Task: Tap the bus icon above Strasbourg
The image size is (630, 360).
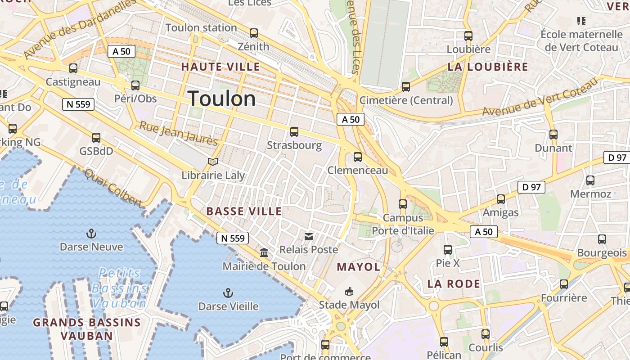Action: [x=294, y=132]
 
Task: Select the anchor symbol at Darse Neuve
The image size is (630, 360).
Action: [x=91, y=234]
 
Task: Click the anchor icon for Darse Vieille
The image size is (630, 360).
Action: [x=228, y=293]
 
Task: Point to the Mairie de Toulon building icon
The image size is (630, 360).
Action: [x=264, y=253]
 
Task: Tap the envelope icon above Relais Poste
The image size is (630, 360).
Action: [x=309, y=236]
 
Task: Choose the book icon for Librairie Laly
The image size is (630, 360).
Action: [x=213, y=162]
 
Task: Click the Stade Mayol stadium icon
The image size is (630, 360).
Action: [x=349, y=292]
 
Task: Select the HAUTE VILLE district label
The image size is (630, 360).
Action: [x=220, y=67]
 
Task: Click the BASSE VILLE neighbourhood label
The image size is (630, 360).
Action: [x=244, y=211]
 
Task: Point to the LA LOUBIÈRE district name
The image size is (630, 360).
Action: [x=488, y=67]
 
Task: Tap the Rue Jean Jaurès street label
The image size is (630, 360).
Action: [x=178, y=133]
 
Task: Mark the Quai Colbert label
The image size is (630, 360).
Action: [x=113, y=188]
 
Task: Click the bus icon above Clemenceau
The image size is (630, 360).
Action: [x=358, y=157]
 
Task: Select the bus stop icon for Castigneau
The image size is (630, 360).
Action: [x=73, y=69]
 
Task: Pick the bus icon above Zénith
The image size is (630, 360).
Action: [x=254, y=33]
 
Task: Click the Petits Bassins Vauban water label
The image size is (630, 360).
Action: [x=119, y=288]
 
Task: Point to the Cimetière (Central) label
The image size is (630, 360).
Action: [x=406, y=100]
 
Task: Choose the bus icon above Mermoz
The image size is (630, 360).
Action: [x=590, y=180]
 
